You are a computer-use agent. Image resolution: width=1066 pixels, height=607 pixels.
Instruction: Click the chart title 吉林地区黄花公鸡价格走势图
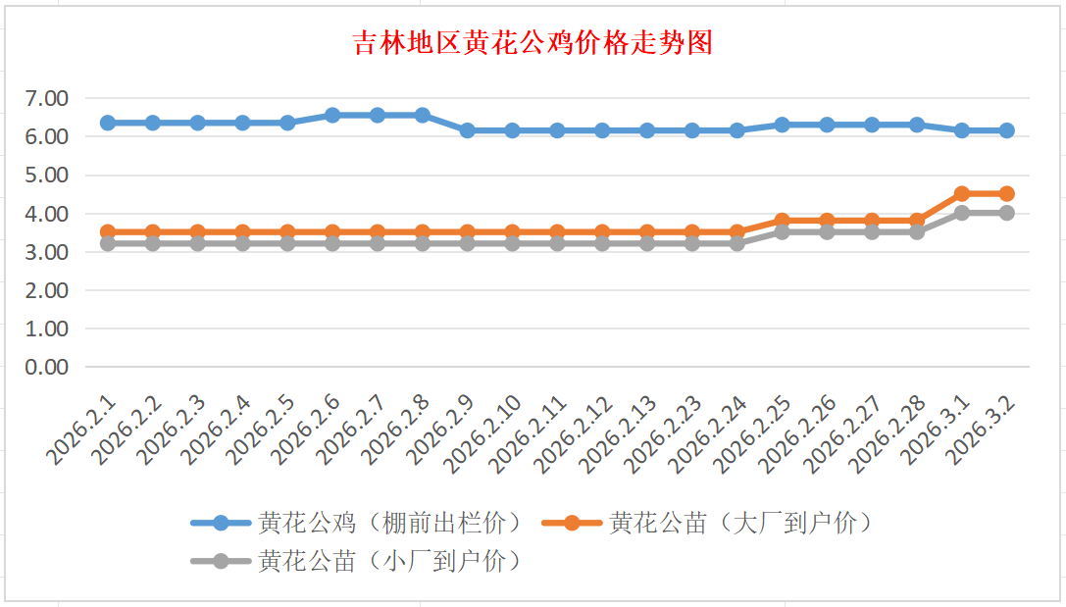533,44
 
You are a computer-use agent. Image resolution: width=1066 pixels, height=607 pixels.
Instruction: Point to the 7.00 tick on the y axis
47,98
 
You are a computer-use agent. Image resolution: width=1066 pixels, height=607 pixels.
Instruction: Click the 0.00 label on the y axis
47,367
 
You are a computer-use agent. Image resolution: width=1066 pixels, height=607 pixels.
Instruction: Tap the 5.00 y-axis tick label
47,175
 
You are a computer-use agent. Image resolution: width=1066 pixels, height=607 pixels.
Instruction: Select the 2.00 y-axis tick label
47,290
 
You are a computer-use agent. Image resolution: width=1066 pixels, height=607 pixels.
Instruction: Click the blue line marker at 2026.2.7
378,115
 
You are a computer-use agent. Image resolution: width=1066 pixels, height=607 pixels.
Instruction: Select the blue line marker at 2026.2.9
467,130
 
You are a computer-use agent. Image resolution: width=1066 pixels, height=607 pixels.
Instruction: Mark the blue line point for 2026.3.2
1006,130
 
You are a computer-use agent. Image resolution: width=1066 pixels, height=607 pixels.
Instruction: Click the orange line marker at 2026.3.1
961,194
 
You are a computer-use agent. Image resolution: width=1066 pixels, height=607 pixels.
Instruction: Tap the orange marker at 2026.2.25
782,221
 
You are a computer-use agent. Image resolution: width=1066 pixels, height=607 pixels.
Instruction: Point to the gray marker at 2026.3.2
1006,213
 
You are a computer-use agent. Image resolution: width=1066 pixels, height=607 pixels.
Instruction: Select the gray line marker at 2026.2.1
108,243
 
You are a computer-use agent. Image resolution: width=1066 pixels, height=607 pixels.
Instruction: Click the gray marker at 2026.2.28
917,232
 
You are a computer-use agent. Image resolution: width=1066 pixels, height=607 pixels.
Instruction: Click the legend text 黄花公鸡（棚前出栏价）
389,523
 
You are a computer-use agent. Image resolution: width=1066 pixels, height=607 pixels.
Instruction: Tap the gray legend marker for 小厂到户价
221,561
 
